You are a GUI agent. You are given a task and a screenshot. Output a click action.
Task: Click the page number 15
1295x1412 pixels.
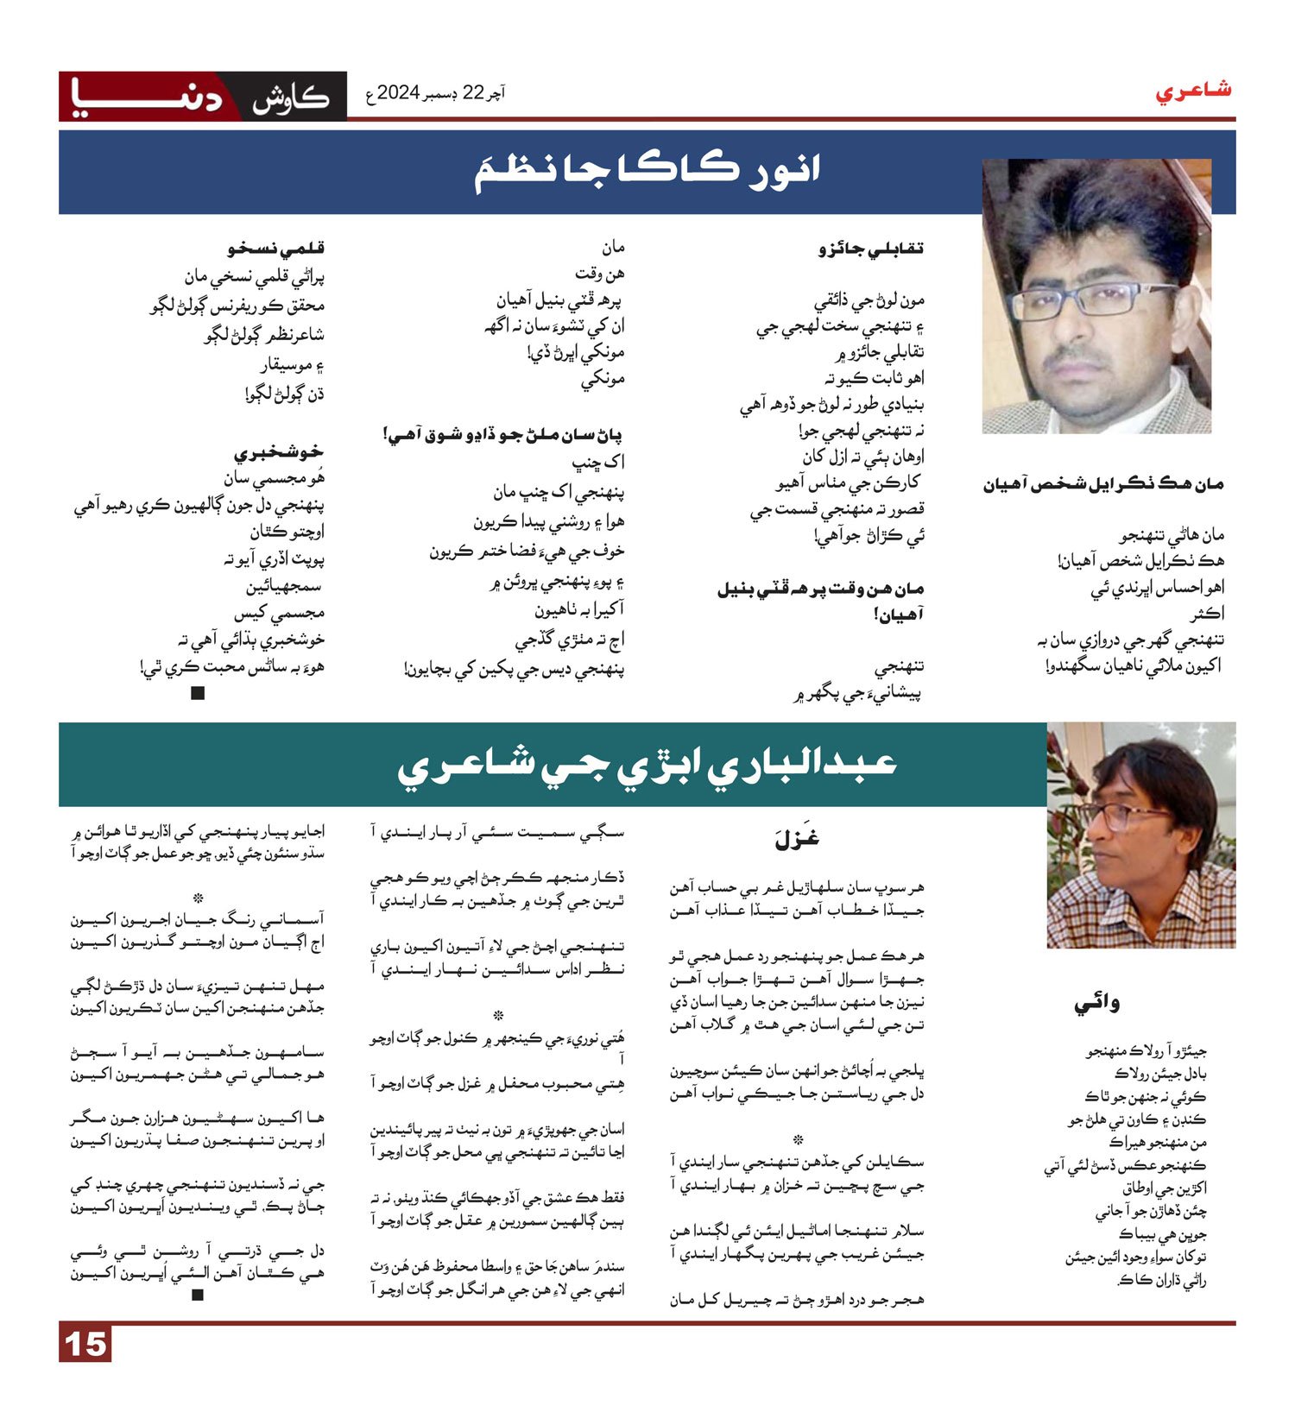coord(85,1345)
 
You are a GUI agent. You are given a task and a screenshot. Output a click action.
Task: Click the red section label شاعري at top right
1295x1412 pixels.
coord(1193,91)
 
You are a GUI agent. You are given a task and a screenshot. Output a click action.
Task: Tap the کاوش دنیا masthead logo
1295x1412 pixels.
coord(202,96)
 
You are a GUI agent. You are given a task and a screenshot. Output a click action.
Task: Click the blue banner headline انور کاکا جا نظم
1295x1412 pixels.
coord(647,169)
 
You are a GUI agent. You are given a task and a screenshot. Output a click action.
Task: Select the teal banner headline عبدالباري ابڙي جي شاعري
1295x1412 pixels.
coord(647,763)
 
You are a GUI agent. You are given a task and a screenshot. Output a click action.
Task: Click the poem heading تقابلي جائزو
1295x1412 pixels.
coord(871,249)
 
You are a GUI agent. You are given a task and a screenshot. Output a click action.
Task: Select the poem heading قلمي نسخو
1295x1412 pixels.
coord(276,249)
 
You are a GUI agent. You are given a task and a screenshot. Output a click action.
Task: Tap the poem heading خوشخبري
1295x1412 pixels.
coord(278,452)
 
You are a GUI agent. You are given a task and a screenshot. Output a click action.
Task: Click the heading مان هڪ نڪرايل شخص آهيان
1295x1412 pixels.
coord(1102,485)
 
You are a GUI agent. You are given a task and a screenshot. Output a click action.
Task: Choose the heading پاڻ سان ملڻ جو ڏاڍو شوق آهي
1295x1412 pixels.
coord(502,434)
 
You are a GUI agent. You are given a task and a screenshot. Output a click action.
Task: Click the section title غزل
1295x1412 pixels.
coord(797,837)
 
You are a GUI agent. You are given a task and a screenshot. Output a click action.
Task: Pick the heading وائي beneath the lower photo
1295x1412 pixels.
coord(1096,1003)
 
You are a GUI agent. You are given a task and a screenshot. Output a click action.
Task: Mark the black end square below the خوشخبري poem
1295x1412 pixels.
coord(198,693)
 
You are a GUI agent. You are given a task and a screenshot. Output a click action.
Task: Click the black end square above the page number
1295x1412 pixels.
coord(198,1295)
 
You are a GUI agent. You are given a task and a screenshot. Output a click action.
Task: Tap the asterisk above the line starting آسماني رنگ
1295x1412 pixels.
coord(198,898)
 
